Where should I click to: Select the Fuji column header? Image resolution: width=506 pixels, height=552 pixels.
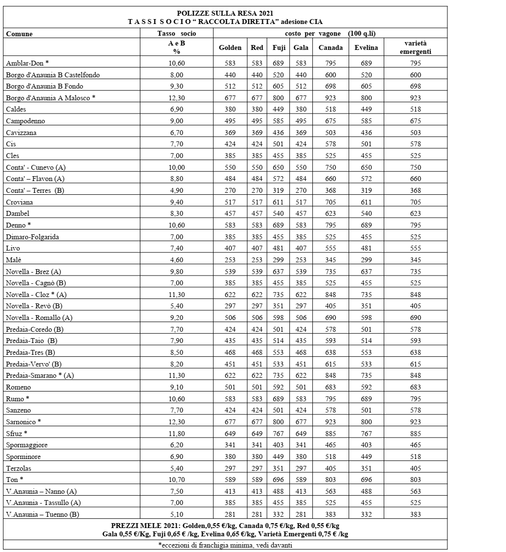(279, 47)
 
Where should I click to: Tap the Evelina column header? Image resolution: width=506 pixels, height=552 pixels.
(366, 47)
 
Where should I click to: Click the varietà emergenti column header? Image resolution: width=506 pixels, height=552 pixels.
(415, 47)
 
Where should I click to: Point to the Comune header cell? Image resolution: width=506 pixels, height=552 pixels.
(20, 34)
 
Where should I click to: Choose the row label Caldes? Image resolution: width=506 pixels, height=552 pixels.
(16, 109)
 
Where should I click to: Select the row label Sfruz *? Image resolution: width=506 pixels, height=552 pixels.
(17, 434)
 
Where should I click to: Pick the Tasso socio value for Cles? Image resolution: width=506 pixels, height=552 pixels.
(176, 156)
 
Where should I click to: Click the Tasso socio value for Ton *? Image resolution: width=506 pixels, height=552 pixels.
(176, 480)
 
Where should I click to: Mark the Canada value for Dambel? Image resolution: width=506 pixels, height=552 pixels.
(327, 214)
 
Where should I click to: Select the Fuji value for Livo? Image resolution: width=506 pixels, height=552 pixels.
(279, 249)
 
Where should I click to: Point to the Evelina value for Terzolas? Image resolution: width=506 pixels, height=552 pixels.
(366, 468)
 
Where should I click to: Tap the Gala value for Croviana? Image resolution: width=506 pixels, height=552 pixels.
(301, 202)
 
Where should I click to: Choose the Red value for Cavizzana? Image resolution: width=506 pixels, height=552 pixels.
(257, 133)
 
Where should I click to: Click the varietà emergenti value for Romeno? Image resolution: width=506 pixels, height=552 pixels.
(415, 388)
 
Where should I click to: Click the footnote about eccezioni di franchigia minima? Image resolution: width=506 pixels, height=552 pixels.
(225, 546)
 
